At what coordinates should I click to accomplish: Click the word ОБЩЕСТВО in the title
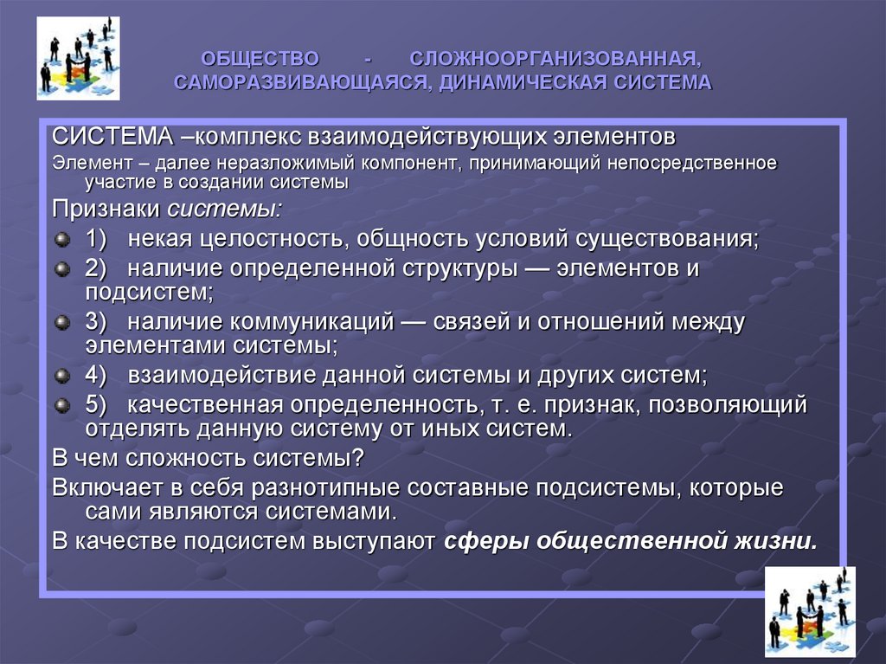point(260,60)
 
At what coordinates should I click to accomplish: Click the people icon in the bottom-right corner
point(810,611)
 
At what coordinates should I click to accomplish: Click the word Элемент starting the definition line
point(83,163)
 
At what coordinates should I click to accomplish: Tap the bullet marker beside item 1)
point(61,239)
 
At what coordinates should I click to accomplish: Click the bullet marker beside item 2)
point(61,269)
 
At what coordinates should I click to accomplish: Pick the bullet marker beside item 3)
point(61,323)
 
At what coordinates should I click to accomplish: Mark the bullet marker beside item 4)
point(61,377)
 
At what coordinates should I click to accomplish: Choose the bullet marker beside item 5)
point(61,405)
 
